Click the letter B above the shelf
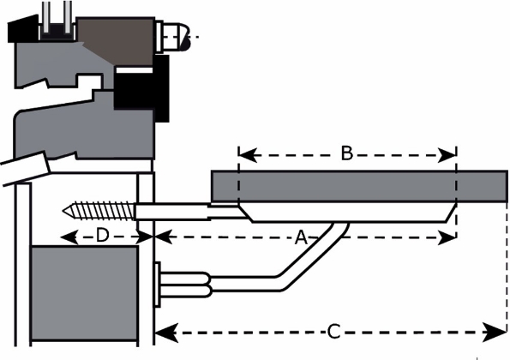(346, 154)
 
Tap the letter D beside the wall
(102, 236)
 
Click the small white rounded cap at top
(176, 37)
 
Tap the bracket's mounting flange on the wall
(159, 285)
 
